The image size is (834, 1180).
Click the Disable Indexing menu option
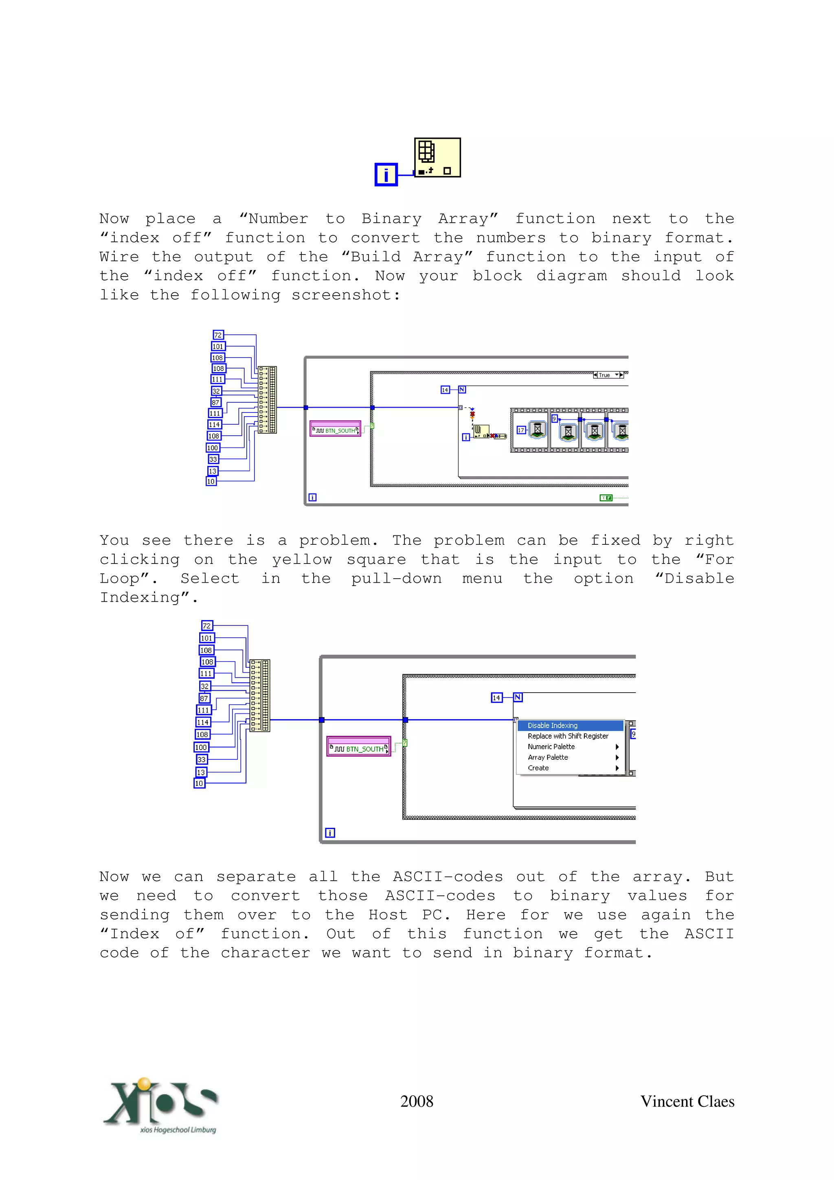553,725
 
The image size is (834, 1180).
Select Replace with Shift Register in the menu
568,736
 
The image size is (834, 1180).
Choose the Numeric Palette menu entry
551,747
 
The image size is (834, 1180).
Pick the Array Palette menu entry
548,757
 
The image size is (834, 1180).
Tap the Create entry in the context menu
538,768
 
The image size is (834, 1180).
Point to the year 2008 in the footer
417,1101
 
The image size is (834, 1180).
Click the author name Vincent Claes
687,1101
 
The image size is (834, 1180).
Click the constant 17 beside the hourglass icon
520,430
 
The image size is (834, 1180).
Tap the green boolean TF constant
606,498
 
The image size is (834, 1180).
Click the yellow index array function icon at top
437,157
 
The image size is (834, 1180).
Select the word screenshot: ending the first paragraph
345,295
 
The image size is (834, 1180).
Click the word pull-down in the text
396,579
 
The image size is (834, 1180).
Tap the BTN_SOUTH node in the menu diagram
359,748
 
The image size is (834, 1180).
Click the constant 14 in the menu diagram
496,697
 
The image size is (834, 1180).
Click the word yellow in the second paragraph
302,560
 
